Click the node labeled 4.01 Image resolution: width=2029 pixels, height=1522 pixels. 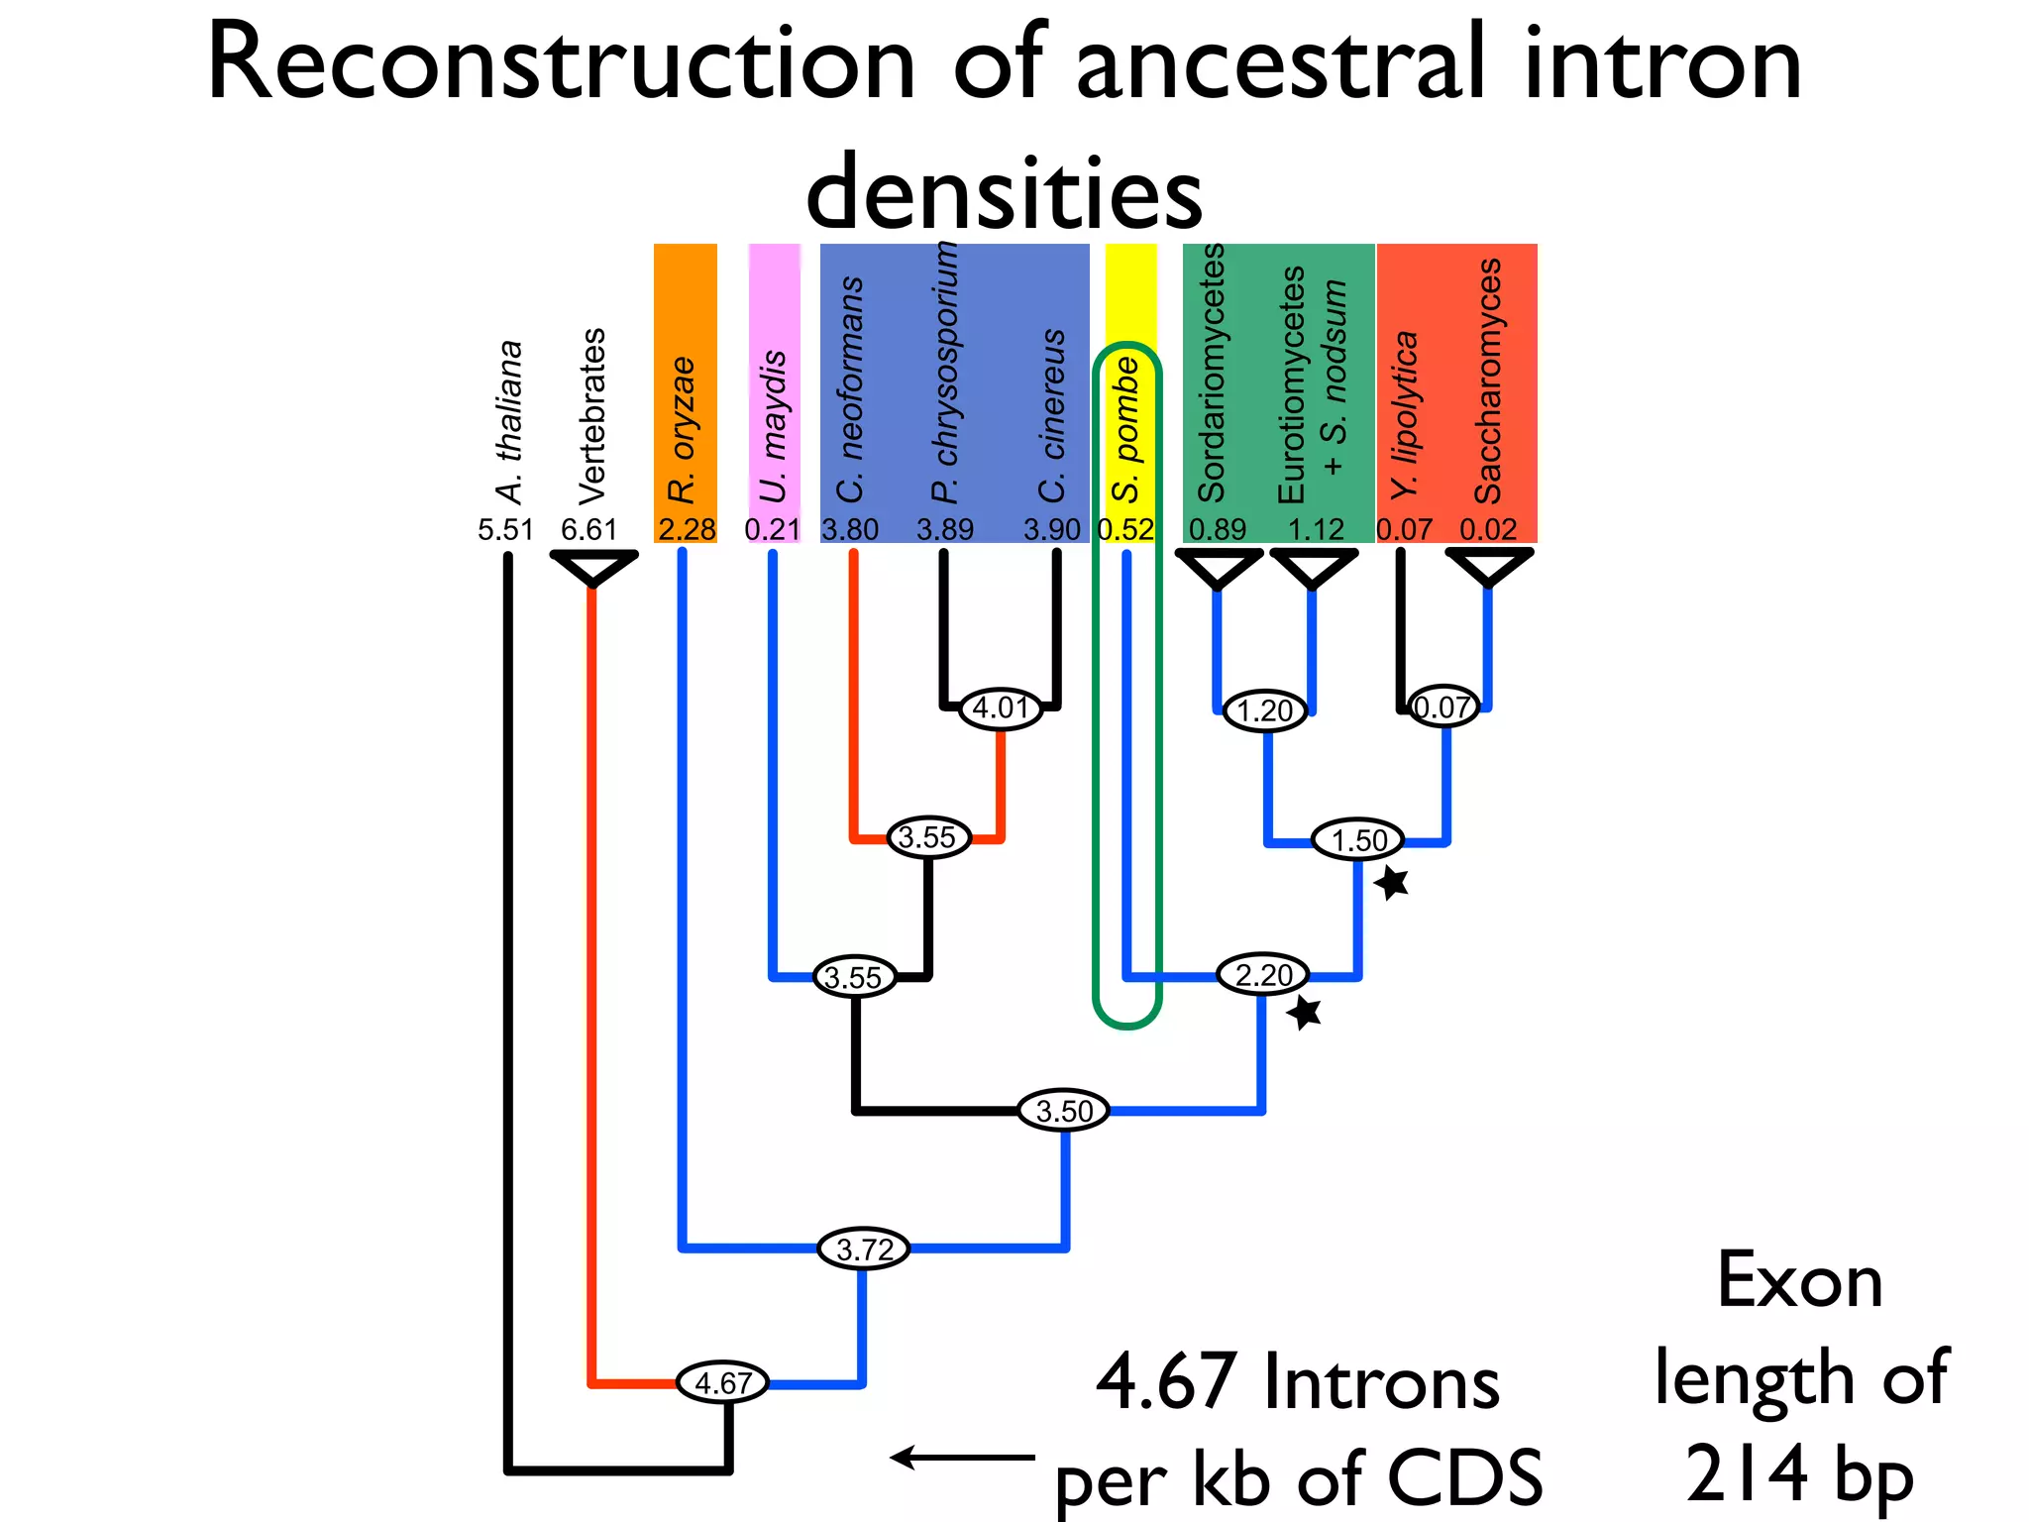1002,707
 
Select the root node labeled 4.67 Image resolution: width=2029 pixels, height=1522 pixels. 722,1382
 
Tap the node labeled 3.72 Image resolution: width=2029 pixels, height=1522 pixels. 864,1249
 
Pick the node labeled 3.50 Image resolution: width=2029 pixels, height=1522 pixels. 1063,1110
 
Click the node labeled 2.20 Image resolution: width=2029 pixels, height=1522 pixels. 1263,975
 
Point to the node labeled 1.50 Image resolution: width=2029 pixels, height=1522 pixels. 1358,840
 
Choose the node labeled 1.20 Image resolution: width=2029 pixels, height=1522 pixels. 1265,709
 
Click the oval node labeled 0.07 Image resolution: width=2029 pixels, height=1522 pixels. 1443,707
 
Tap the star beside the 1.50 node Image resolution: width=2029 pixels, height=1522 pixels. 1392,881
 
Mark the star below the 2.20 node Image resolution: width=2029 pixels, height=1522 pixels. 1305,1012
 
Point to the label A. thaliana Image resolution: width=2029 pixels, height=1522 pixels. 509,422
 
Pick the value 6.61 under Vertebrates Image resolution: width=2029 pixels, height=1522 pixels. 588,529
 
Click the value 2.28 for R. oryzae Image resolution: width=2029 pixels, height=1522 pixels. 687,529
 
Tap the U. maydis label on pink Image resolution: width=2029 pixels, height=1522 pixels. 774,427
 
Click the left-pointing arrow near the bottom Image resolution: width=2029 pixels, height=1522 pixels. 961,1457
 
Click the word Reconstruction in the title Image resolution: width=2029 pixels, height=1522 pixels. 561,63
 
